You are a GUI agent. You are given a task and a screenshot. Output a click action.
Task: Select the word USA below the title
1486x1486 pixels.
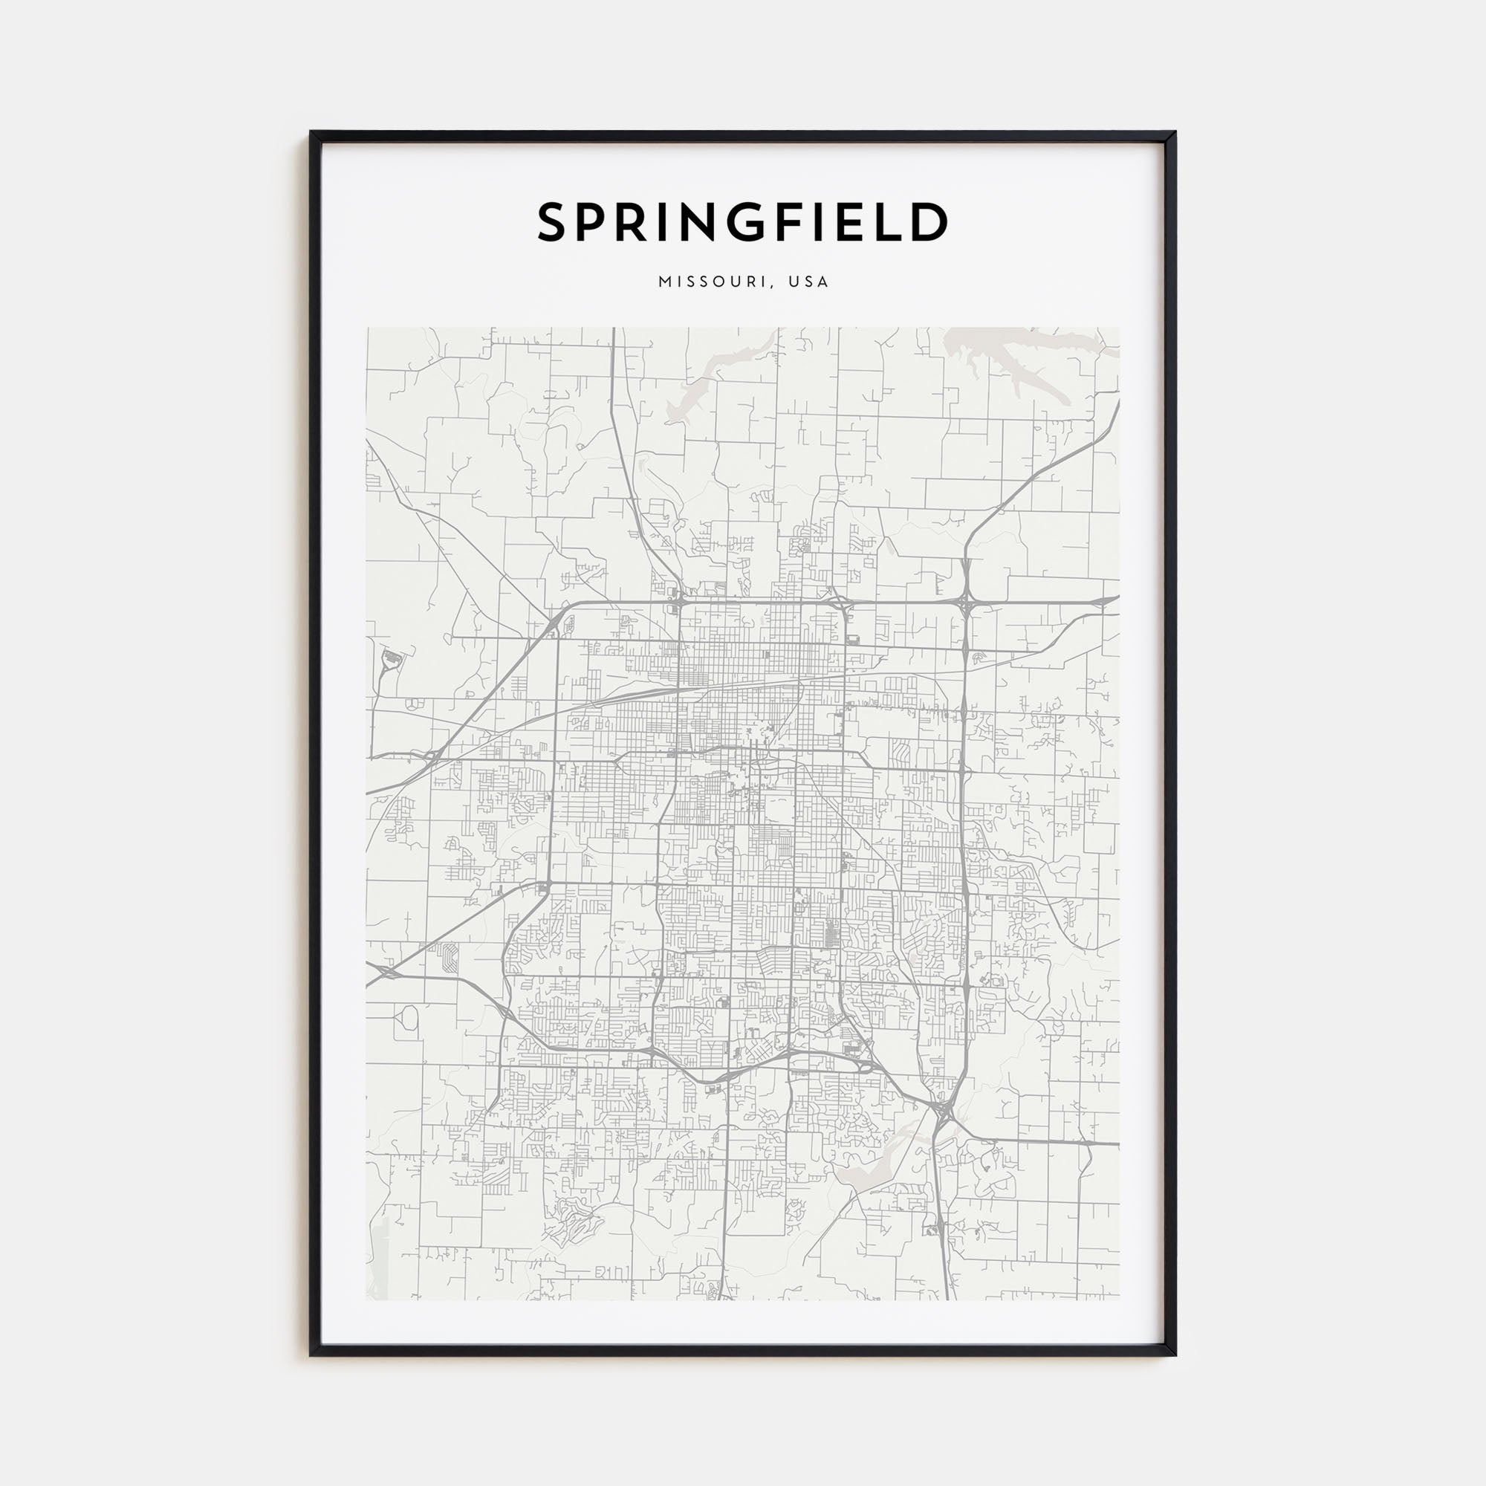pos(808,282)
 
